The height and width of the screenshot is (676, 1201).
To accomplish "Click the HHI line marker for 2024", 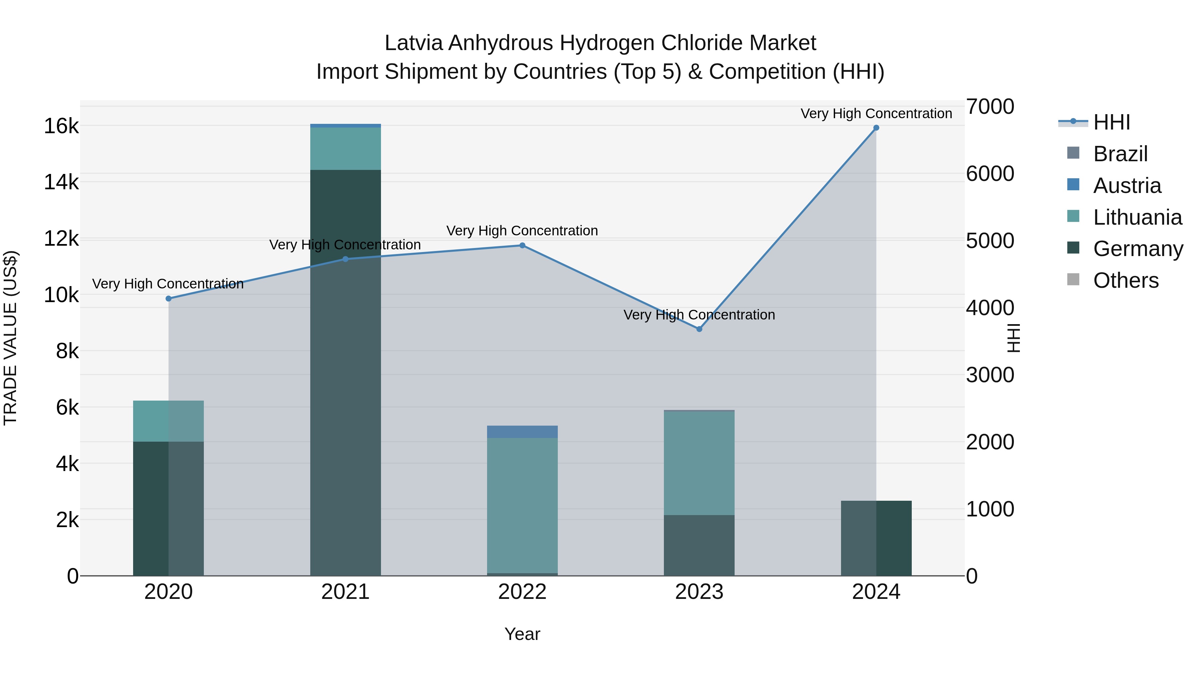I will (876, 128).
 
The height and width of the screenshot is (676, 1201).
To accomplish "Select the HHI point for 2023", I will (699, 329).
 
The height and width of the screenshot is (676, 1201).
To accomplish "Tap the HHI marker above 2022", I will (522, 245).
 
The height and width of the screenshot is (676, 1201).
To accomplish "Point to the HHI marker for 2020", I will (169, 298).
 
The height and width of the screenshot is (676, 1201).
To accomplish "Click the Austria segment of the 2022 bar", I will (522, 432).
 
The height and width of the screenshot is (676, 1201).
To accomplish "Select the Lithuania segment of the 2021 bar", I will (346, 148).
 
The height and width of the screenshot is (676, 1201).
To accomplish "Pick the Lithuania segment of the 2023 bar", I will (699, 463).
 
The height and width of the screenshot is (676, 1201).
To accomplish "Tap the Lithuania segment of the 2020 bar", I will (169, 421).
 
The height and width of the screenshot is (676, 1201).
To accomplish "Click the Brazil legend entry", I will (1120, 154).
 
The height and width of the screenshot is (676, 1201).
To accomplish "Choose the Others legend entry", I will (1126, 280).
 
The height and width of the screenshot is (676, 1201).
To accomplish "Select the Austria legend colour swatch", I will (1073, 185).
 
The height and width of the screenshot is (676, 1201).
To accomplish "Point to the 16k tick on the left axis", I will (61, 126).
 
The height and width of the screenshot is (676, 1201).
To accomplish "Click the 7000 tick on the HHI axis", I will (990, 107).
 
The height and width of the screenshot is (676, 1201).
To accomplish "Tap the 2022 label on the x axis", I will (522, 592).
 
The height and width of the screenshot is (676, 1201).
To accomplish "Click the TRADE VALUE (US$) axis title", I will (10, 338).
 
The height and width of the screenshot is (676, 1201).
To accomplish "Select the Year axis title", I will (522, 634).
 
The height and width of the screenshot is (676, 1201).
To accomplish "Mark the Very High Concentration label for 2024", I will (876, 114).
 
